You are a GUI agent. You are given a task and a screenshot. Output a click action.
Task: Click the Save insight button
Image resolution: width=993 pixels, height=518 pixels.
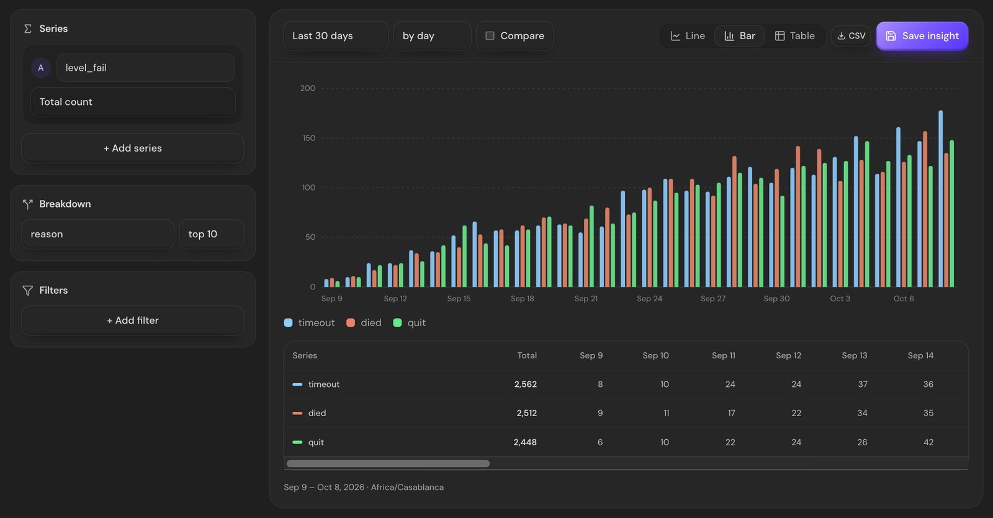tap(922, 36)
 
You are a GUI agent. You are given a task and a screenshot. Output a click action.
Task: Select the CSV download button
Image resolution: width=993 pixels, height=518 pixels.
tap(851, 36)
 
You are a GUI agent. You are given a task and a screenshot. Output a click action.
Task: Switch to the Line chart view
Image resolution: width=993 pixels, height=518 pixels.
tap(688, 36)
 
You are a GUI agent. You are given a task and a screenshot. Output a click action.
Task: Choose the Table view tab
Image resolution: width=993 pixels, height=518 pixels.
tap(794, 36)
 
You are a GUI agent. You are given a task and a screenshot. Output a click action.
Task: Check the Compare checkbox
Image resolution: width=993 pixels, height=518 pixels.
tap(490, 36)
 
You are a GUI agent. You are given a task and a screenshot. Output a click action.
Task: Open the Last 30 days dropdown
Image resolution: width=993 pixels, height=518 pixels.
tap(336, 36)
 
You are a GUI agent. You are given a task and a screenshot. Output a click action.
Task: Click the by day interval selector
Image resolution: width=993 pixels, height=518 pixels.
tap(432, 36)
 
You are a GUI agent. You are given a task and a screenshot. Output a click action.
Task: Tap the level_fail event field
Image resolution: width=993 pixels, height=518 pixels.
tap(145, 68)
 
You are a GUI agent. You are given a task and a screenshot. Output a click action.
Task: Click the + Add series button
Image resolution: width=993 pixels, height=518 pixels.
tap(133, 148)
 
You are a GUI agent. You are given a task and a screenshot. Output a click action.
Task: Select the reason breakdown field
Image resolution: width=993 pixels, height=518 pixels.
tap(97, 234)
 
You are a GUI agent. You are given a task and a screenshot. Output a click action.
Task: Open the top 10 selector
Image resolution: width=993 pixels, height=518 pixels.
tap(212, 234)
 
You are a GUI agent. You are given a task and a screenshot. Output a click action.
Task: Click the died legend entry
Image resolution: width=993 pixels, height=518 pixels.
tap(364, 323)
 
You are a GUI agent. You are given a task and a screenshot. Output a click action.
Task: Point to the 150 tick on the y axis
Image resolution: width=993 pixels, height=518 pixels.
tap(309, 138)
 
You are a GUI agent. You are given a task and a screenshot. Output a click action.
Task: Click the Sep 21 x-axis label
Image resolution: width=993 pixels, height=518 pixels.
tap(586, 299)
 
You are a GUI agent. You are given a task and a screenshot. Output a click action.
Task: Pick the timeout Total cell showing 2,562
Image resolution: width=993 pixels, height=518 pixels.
tap(525, 384)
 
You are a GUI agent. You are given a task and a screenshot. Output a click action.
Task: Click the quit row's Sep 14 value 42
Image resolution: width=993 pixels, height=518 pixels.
tap(928, 442)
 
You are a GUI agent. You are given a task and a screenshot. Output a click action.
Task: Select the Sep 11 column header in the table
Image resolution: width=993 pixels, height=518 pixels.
tap(724, 355)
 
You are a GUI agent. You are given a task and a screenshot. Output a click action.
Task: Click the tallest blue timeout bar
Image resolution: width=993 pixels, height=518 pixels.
tap(941, 199)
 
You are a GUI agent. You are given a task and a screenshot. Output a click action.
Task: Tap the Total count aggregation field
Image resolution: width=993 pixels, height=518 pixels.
tap(133, 102)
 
